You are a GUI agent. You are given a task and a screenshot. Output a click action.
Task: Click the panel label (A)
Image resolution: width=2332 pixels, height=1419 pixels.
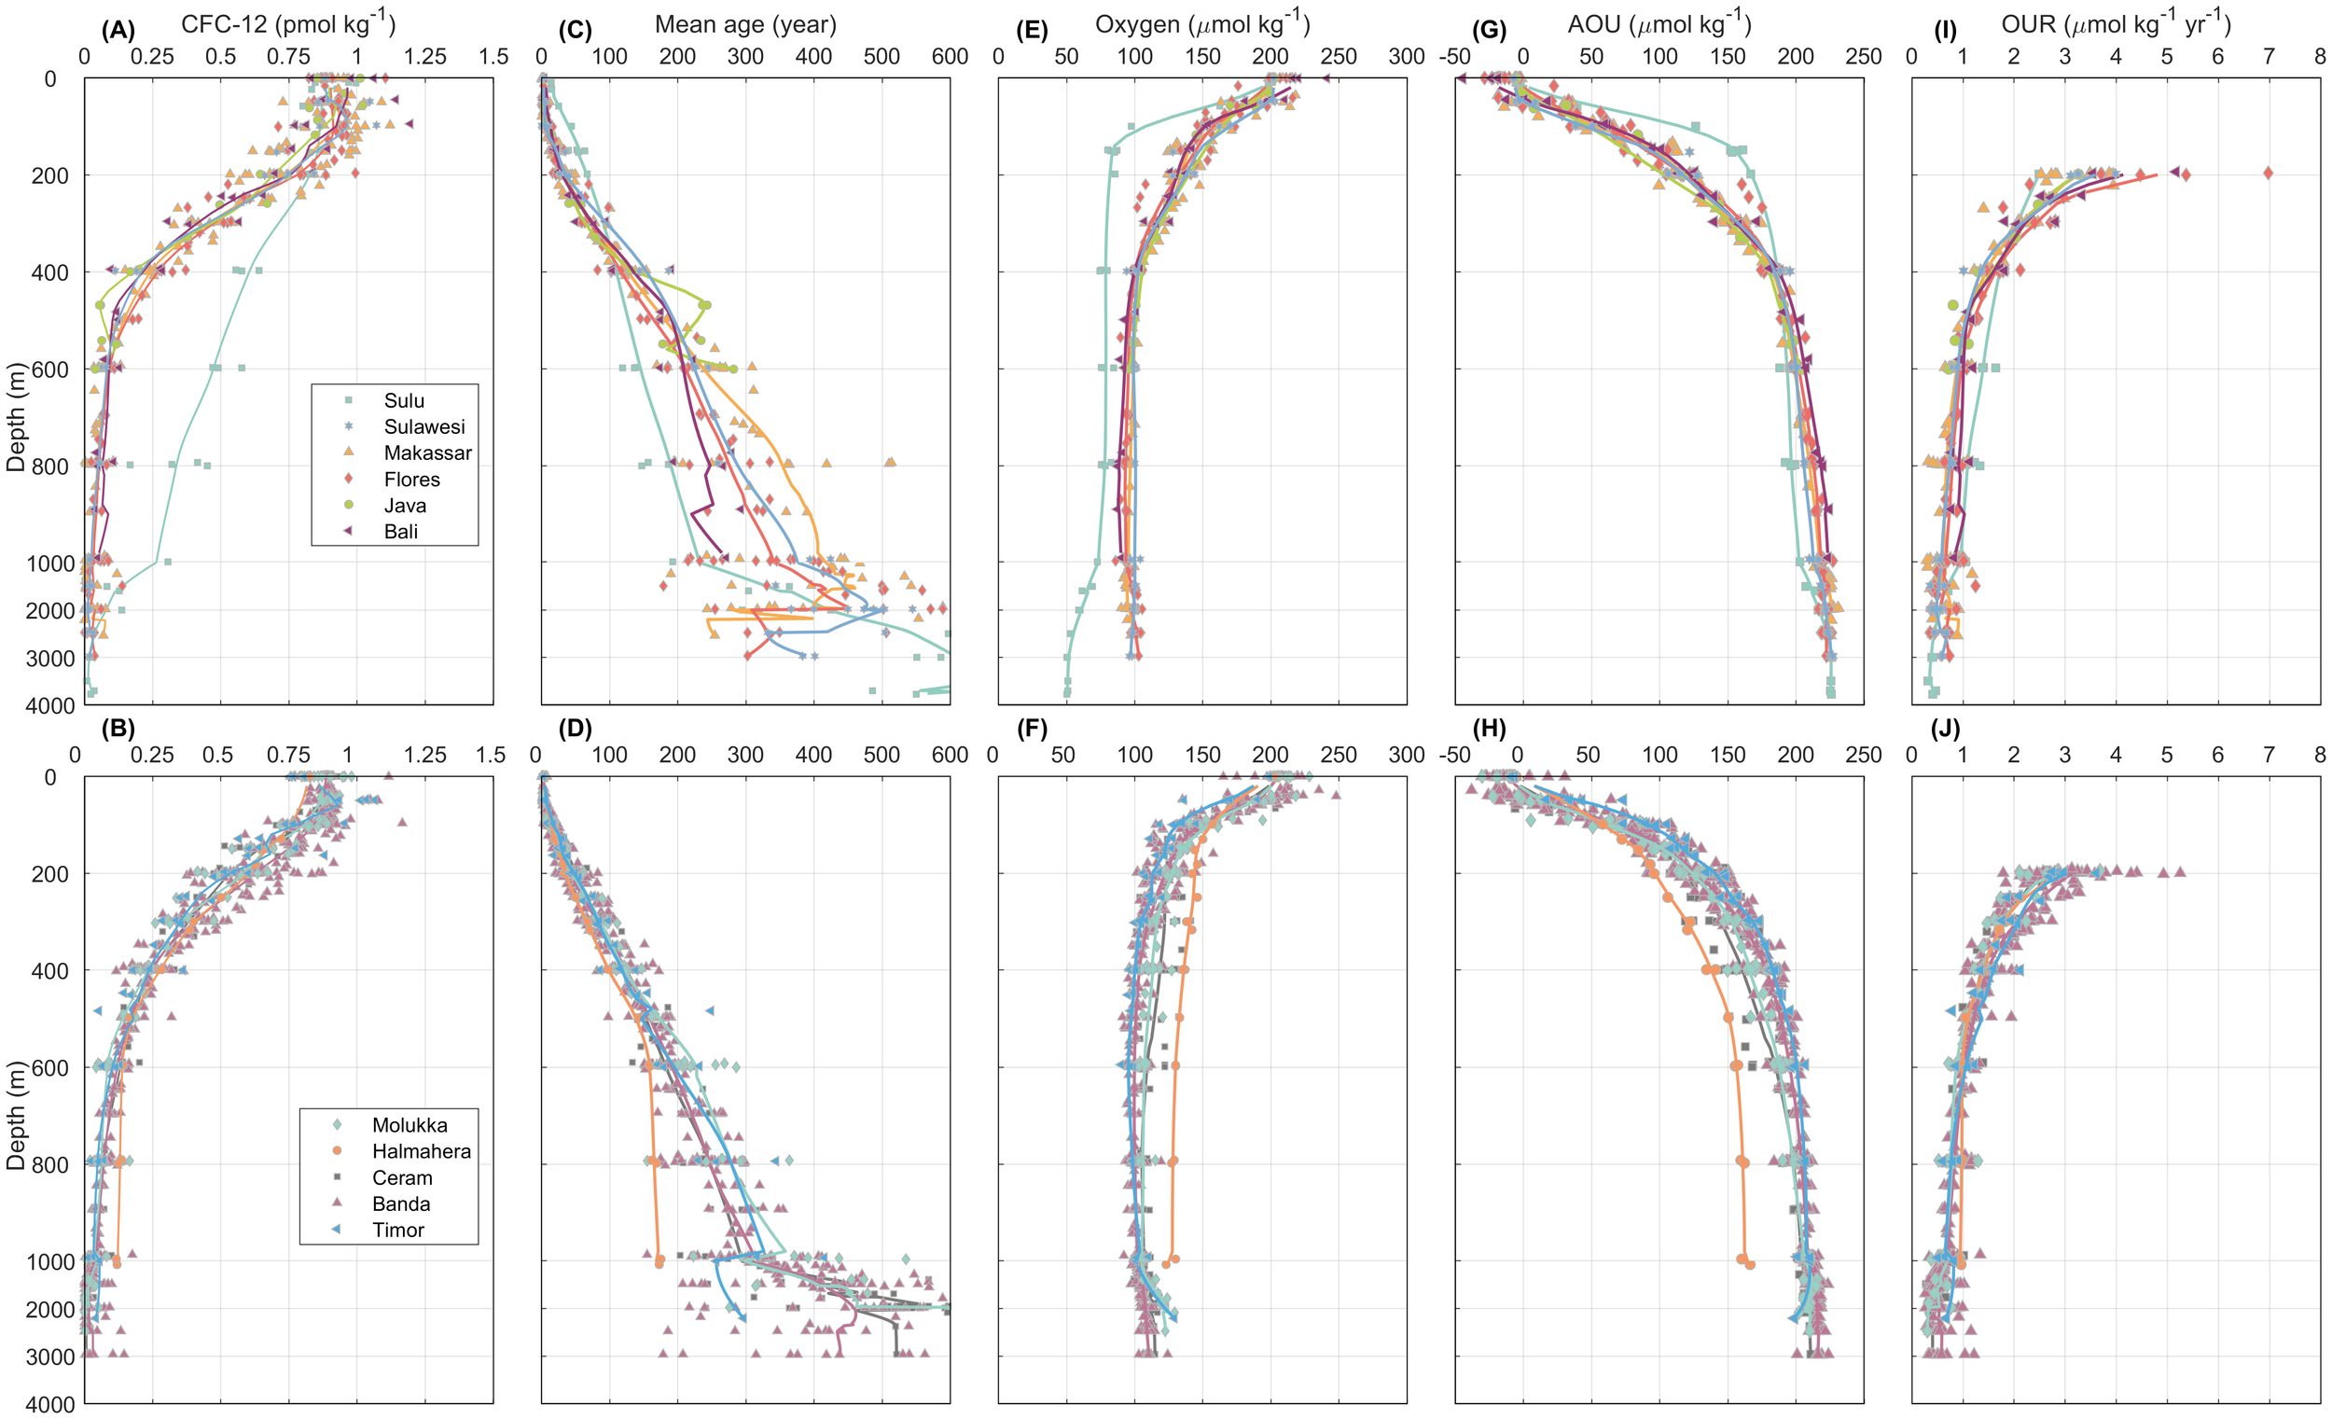tap(118, 30)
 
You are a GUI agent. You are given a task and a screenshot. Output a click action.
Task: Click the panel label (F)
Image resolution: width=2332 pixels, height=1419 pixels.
tap(1031, 728)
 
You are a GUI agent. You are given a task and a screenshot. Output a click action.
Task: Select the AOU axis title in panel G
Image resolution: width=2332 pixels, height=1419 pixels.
tap(1659, 22)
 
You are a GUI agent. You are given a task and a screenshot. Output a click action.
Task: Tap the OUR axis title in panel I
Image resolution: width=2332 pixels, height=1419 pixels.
tap(2116, 22)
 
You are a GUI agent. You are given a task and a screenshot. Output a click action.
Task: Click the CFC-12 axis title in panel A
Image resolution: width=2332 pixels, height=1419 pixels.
tap(287, 22)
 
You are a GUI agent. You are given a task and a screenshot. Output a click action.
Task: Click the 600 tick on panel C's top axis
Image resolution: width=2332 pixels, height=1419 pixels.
tap(950, 57)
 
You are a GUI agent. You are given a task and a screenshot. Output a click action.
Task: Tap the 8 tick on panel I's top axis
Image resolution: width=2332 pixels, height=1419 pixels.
tap(2319, 57)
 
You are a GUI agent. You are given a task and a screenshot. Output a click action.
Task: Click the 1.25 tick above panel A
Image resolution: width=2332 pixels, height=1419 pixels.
tap(424, 57)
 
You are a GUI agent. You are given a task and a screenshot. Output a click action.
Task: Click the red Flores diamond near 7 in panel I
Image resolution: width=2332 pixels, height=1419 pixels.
tap(2268, 174)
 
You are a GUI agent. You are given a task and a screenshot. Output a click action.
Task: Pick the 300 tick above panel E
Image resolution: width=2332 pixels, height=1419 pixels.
tap(1406, 57)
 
